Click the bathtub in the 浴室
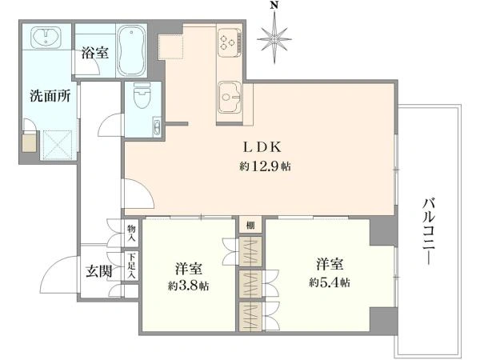point(132,50)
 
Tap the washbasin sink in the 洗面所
point(46,36)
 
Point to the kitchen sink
point(230,97)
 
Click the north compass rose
point(274,39)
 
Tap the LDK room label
point(262,147)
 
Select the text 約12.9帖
point(265,166)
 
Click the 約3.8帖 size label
point(189,286)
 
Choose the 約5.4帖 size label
point(330,282)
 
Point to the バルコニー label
point(429,231)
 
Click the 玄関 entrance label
point(98,271)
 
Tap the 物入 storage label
point(132,233)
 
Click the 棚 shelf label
point(250,226)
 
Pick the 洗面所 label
point(50,97)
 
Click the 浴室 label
point(95,53)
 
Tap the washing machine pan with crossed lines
point(58,145)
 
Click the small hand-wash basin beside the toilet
point(157,126)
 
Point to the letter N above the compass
point(274,6)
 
